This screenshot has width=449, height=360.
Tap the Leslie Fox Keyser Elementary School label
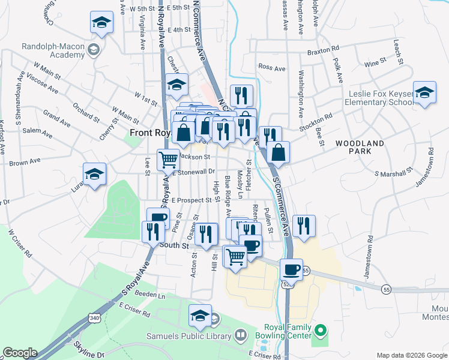pyautogui.click(x=379, y=98)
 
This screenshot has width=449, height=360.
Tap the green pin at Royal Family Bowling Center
pyautogui.click(x=321, y=331)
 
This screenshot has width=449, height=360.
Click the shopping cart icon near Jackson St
pyautogui.click(x=169, y=160)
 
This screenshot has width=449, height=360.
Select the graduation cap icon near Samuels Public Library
pyautogui.click(x=200, y=315)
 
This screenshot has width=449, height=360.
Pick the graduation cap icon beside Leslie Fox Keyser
pyautogui.click(x=424, y=93)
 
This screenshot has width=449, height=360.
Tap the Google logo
pyautogui.click(x=19, y=353)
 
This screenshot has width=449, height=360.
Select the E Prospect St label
pyautogui.click(x=191, y=200)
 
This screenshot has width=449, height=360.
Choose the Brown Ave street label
pyautogui.click(x=25, y=162)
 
